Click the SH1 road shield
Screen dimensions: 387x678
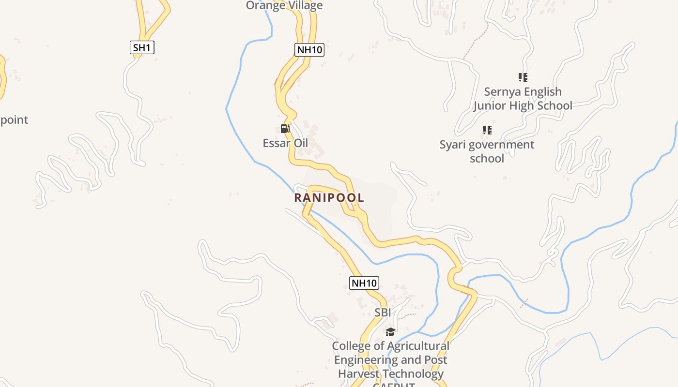coord(142,47)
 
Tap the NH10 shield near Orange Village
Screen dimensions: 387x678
coord(309,49)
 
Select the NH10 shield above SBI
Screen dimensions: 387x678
coord(364,283)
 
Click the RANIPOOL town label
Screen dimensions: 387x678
coord(329,198)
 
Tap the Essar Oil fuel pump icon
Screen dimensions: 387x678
coord(285,129)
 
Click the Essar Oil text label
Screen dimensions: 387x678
coord(285,143)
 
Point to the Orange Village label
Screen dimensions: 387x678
coord(284,6)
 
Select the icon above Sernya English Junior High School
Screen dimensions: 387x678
coord(523,77)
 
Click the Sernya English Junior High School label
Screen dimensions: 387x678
coord(523,99)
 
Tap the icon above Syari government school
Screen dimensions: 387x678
coord(487,130)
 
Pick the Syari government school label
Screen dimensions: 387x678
coord(487,151)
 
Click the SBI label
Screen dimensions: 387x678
coord(383,313)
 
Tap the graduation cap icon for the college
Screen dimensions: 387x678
coord(390,332)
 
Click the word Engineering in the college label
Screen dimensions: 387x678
coord(364,360)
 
